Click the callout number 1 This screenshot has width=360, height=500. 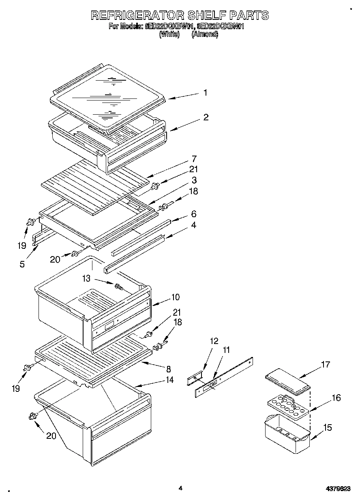205,93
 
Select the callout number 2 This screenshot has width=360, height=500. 206,118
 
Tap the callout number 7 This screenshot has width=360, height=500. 194,158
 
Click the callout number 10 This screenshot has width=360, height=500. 175,297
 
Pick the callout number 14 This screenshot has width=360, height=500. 169,380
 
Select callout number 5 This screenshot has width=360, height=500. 22,264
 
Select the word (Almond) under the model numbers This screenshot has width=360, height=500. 205,34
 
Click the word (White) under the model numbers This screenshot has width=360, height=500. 169,34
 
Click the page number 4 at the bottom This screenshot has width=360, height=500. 180,488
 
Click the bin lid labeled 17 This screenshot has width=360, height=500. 288,382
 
